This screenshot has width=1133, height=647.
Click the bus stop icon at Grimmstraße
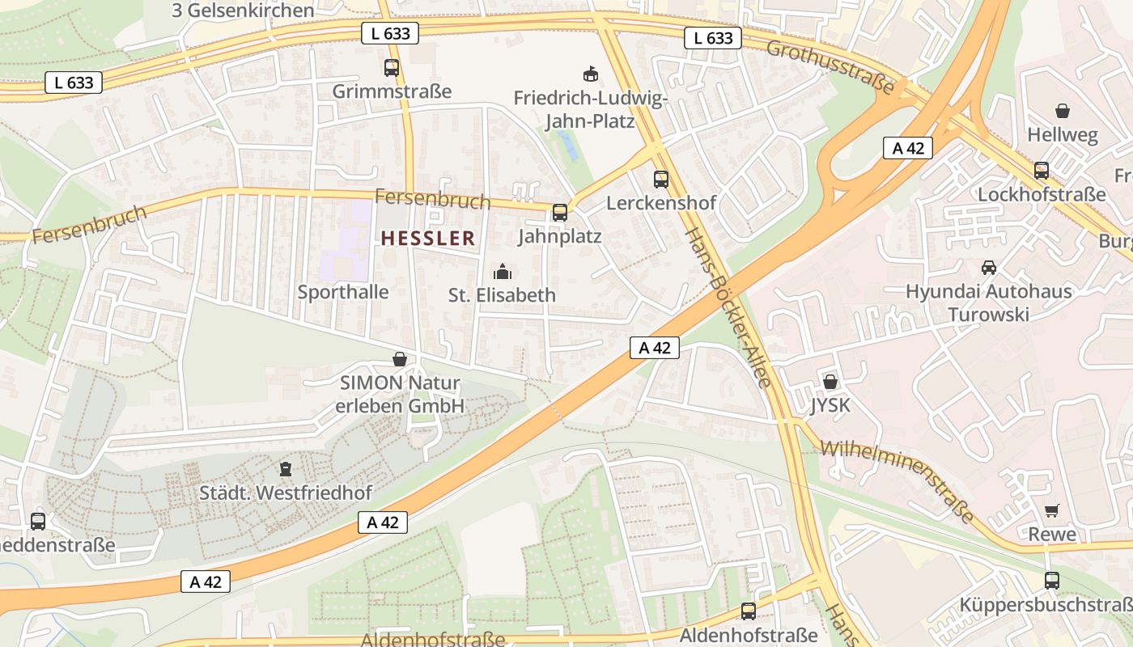coord(392,68)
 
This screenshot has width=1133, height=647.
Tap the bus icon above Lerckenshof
coord(661,180)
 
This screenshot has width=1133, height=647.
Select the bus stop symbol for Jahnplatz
coord(559,213)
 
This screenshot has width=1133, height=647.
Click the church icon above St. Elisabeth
coord(503,271)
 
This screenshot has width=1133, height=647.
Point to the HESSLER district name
coord(427,239)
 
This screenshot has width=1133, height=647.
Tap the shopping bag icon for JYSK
coord(830,382)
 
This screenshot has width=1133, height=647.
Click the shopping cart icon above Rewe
coord(1051,510)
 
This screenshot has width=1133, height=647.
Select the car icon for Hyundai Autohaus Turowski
coord(988,268)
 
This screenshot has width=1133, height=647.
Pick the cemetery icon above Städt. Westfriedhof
coord(285,468)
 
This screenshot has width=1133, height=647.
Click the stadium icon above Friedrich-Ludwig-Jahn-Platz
coord(591,74)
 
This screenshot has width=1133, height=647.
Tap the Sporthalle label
coord(343,292)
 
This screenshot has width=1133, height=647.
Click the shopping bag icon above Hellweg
coord(1062,111)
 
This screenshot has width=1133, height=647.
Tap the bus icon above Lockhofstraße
coord(1042,171)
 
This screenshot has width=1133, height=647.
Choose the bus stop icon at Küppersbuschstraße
coord(1051,580)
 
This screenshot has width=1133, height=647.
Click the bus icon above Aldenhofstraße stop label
coord(749,611)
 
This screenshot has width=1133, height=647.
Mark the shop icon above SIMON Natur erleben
coord(399,359)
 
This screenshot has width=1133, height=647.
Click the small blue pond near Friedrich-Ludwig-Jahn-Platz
coord(568,146)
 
